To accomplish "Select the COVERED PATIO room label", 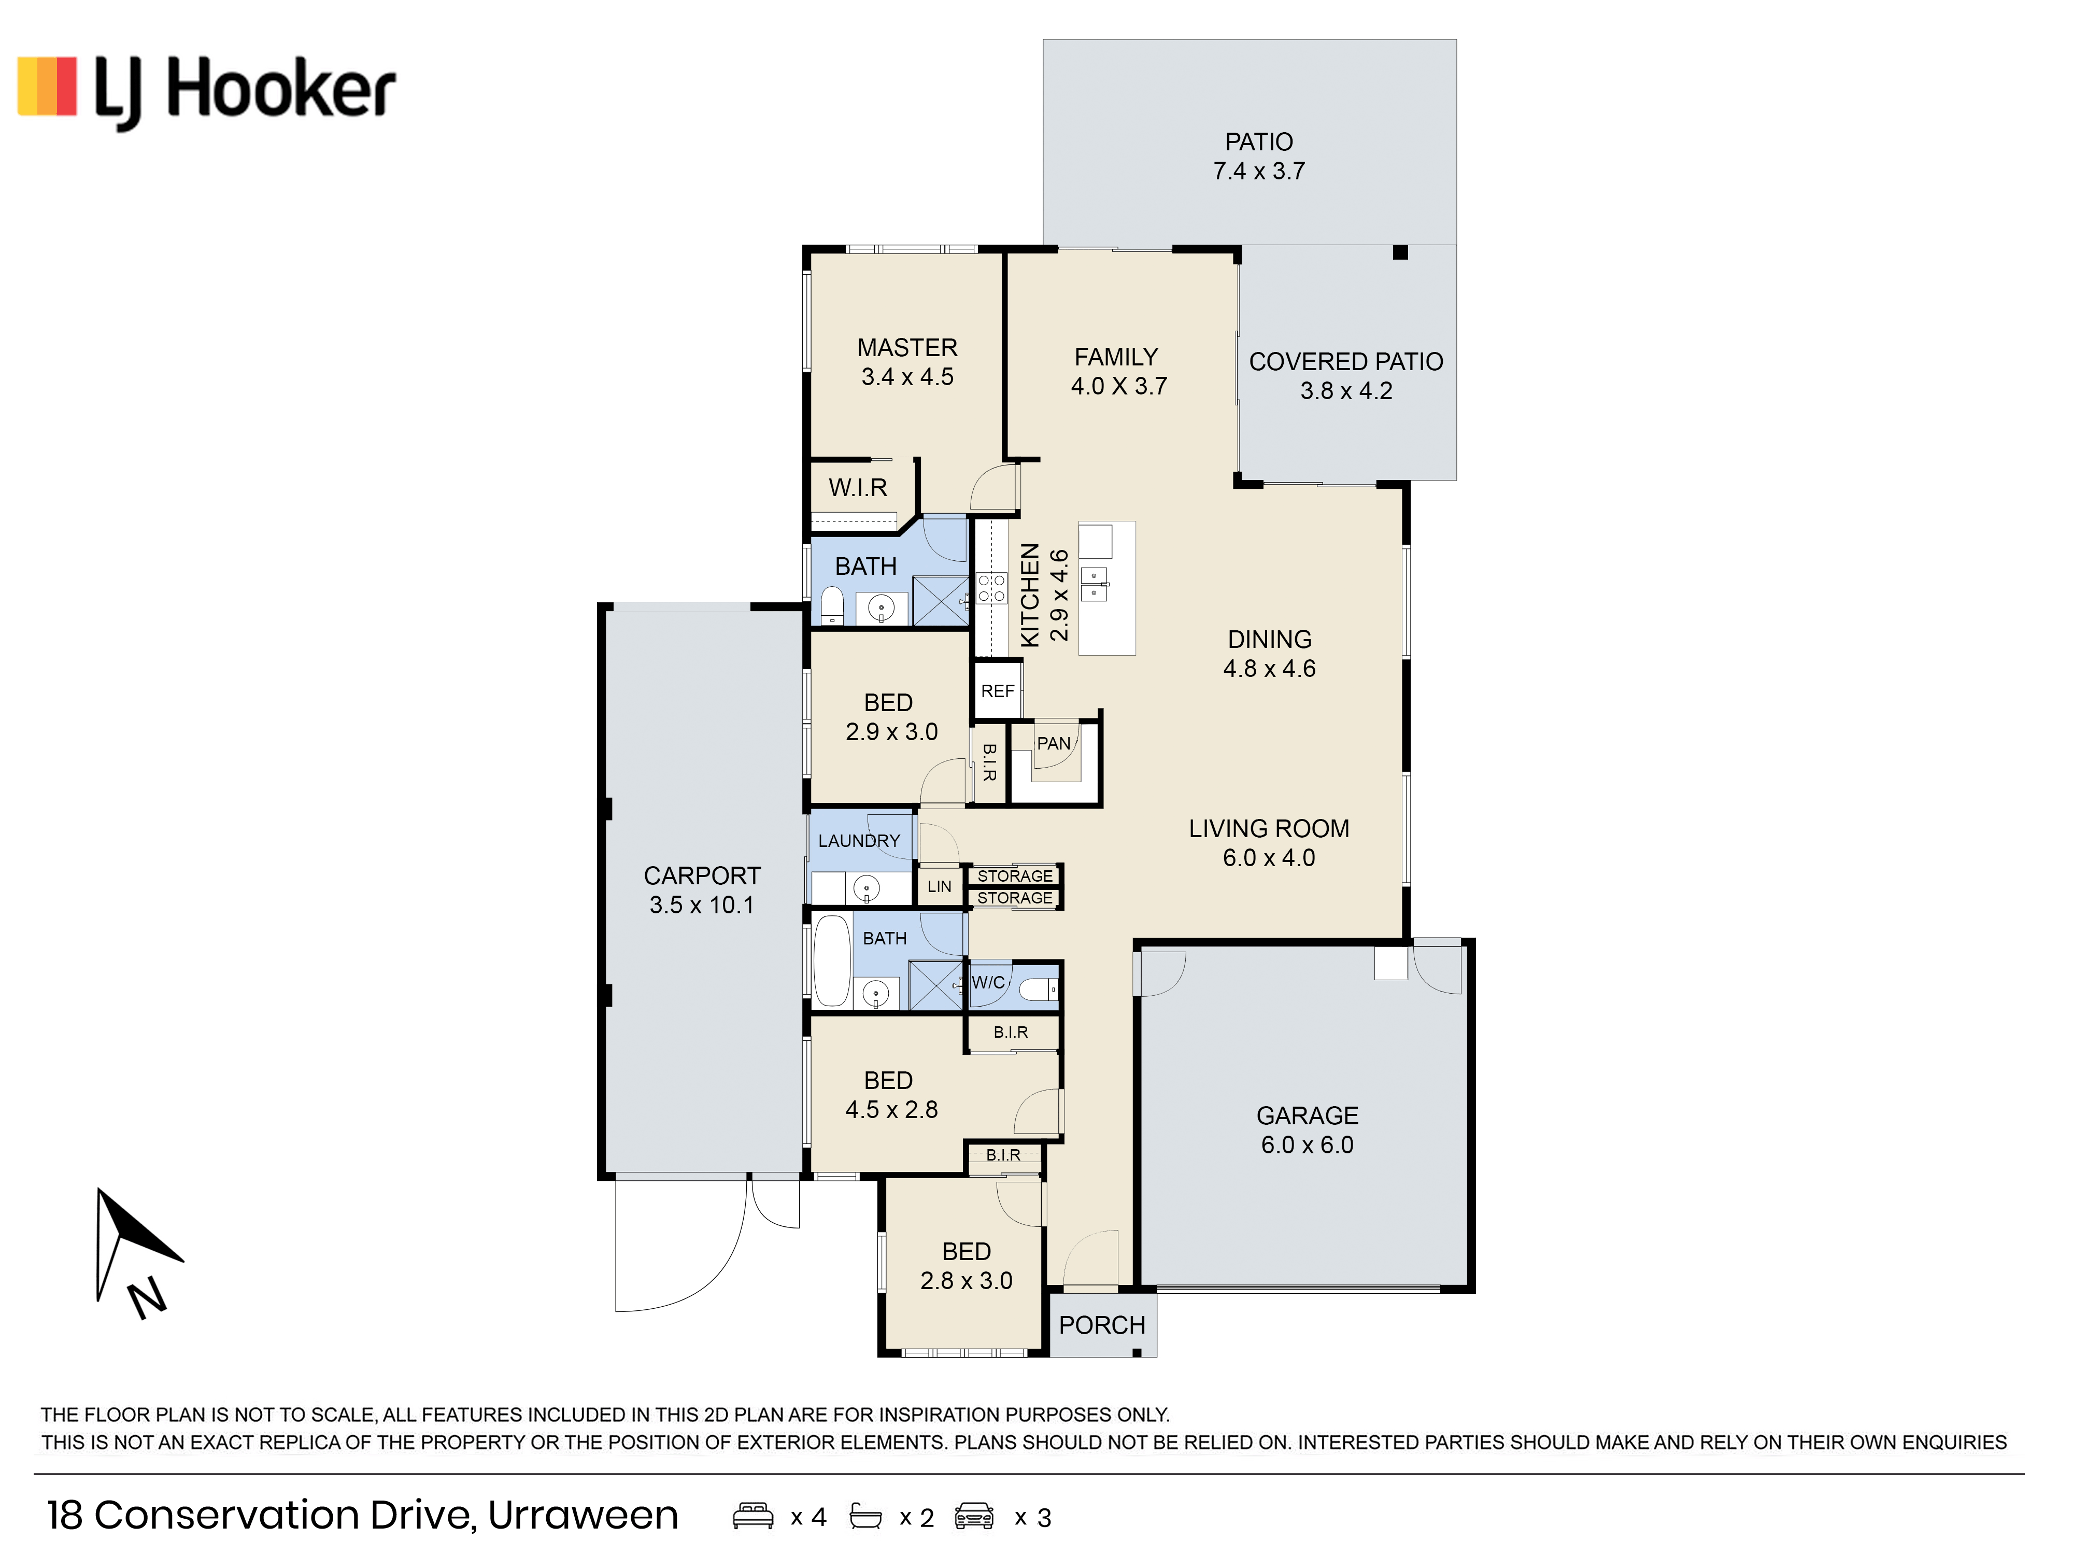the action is pyautogui.click(x=1346, y=362).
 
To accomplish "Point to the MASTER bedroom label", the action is pyautogui.click(x=907, y=348).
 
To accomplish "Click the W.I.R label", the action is pyautogui.click(x=858, y=487).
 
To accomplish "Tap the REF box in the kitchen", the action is pyautogui.click(x=997, y=691).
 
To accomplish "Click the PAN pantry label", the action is pyautogui.click(x=1054, y=743).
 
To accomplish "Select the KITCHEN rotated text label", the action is pyautogui.click(x=1030, y=595).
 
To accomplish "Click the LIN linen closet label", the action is pyautogui.click(x=939, y=887).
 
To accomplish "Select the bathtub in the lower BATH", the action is pyautogui.click(x=831, y=962).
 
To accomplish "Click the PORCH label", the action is pyautogui.click(x=1102, y=1325).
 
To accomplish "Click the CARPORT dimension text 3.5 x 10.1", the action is pyautogui.click(x=702, y=906).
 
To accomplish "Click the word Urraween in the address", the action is pyautogui.click(x=583, y=1516).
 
